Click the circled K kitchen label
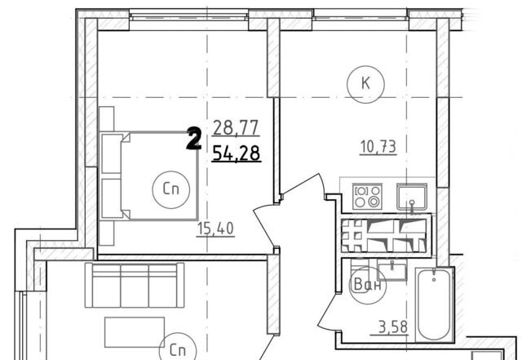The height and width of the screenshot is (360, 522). coord(365,83)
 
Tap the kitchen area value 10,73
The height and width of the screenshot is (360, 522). coord(378,147)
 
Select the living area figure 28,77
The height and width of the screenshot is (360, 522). coord(236,128)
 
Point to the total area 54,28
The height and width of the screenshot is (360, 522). coord(237,153)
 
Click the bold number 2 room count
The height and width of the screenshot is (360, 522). coord(194,139)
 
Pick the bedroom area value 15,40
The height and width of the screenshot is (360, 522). coord(215,229)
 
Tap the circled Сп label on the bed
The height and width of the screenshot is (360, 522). coord(171,189)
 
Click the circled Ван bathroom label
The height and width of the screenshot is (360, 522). coord(367,286)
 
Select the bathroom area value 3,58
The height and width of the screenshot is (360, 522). coord(393,327)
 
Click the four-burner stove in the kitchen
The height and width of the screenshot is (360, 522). coord(367,197)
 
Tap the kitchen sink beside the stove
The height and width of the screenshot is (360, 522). coord(412,197)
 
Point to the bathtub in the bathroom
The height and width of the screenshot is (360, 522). coord(435,304)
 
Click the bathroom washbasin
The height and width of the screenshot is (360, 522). coord(392,271)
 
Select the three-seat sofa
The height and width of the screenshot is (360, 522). coord(135,285)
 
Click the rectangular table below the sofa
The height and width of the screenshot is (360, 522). coord(135,332)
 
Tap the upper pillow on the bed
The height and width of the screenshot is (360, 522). coord(112,153)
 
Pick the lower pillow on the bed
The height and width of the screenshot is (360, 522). coord(112,198)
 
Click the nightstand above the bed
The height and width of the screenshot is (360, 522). coord(107,118)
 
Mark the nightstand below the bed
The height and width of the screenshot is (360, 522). coord(107,233)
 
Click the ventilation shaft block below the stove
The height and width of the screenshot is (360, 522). coord(386,235)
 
